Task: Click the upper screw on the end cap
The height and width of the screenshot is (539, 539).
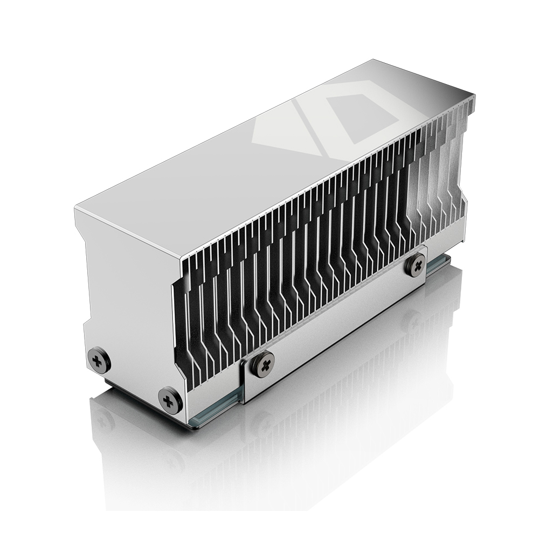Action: click(99, 359)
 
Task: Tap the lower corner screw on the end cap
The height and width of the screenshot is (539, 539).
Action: click(170, 399)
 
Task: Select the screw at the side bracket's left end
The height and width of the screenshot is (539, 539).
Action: click(262, 363)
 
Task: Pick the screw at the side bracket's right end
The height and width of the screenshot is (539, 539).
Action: click(416, 264)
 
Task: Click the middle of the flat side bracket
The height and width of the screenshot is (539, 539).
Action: click(334, 323)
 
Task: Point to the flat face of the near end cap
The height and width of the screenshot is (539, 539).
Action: click(129, 291)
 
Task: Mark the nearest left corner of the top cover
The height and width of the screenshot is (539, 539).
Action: click(75, 208)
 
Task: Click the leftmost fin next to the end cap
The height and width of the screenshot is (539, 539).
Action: click(181, 323)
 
